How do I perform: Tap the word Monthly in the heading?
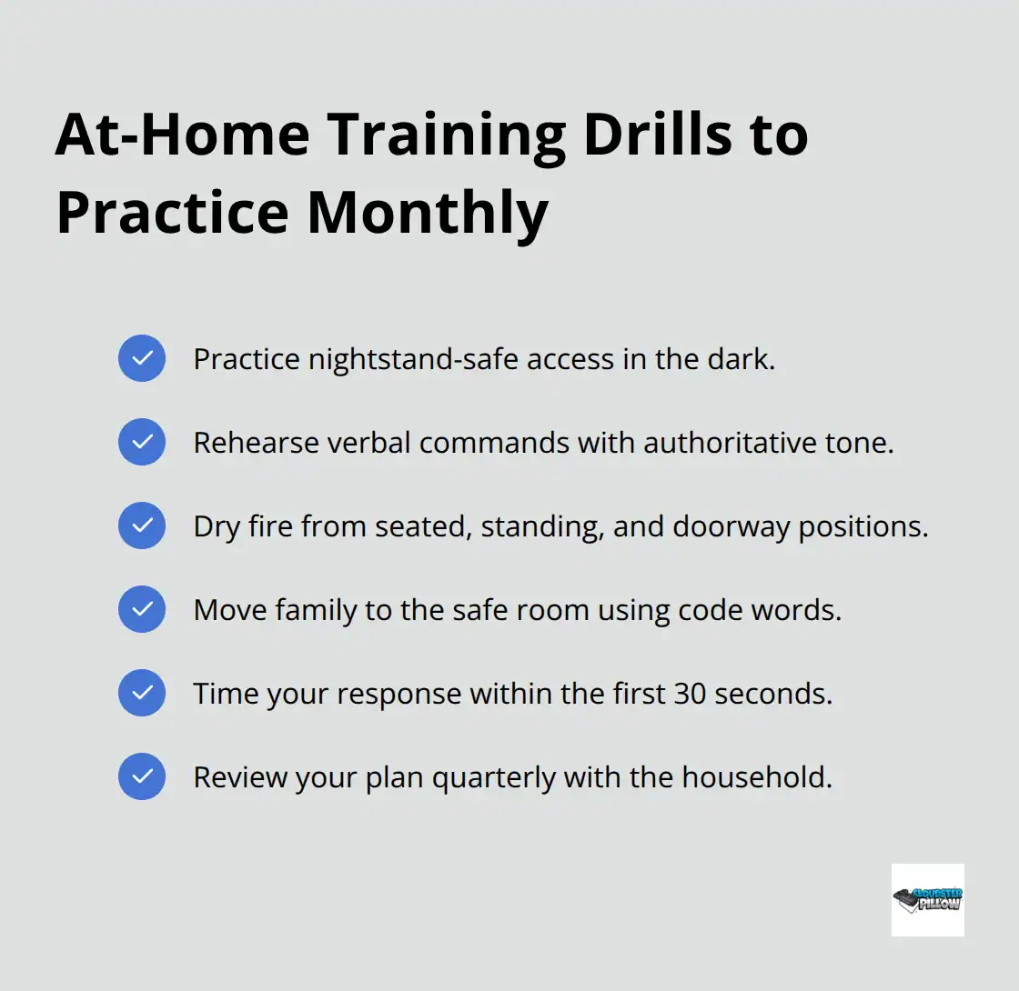(x=427, y=212)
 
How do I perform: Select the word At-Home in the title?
(x=181, y=134)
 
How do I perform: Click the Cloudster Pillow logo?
(x=927, y=899)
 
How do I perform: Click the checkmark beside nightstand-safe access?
(x=142, y=358)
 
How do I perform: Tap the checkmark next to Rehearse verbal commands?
(x=142, y=442)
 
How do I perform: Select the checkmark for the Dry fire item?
(x=142, y=526)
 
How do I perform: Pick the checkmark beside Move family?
(x=142, y=609)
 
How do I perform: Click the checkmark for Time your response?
(x=142, y=693)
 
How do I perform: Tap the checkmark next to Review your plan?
(x=142, y=776)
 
